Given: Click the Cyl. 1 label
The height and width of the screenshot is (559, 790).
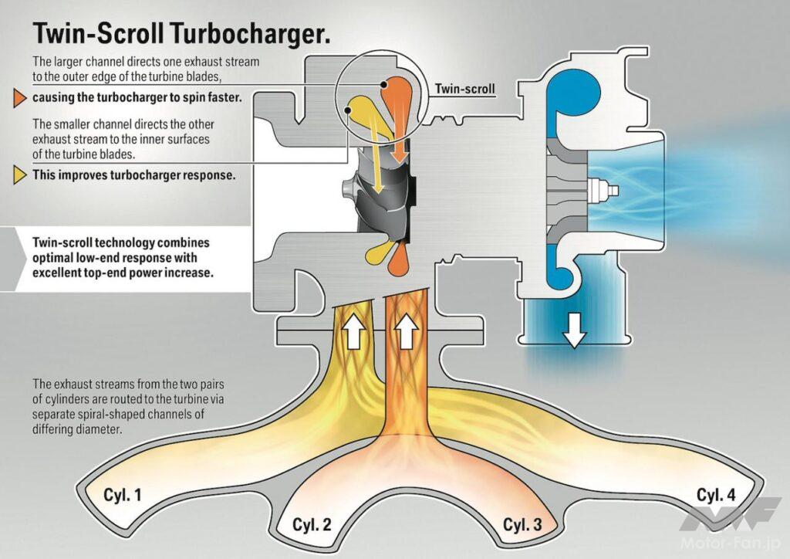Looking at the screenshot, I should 122,495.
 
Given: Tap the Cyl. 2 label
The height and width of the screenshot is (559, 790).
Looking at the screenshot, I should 312,525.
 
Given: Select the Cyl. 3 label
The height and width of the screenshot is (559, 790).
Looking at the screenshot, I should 522,525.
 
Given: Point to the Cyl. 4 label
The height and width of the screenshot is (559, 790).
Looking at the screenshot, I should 717,495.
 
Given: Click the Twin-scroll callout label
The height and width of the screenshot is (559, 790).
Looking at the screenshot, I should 462,88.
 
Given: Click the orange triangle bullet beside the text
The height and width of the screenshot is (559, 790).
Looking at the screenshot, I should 19,98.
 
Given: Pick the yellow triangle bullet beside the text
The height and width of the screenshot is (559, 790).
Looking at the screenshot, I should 19,174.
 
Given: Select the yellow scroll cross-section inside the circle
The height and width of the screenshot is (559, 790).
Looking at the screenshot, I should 360,113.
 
